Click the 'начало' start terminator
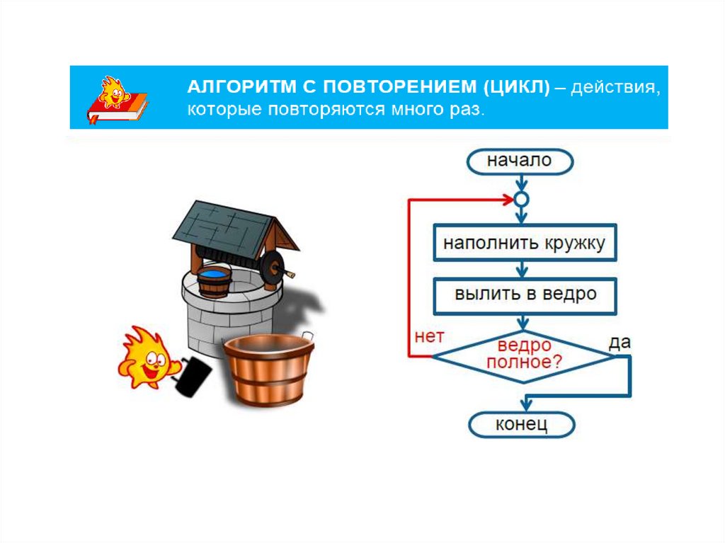pos(519,161)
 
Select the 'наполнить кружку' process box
pos(524,244)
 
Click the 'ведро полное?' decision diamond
pos(524,355)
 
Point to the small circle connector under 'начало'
pos(520,200)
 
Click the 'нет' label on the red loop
pos(428,338)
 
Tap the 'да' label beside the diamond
pos(620,342)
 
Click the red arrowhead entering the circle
pos(507,200)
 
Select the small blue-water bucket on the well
pos(214,282)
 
